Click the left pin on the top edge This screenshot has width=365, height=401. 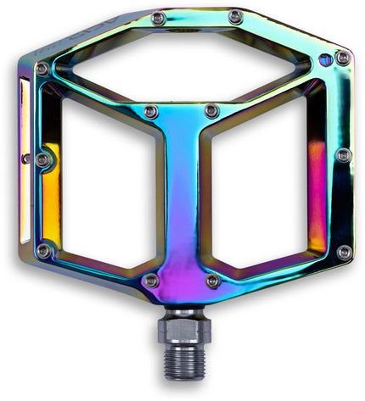tap(158, 18)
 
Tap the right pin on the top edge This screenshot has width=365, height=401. tap(235, 17)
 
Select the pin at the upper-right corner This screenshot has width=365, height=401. tap(342, 58)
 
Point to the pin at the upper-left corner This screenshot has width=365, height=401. tap(42, 69)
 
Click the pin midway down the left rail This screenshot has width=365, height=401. tap(42, 159)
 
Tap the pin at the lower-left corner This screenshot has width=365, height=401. tap(43, 250)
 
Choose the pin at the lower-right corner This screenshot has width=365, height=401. tap(344, 252)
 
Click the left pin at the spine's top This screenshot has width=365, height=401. tap(150, 112)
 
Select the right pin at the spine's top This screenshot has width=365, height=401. tap(212, 111)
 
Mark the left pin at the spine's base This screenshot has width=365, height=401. tap(151, 280)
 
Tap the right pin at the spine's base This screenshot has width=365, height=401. tap(213, 280)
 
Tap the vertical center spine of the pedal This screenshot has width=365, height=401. tap(182, 195)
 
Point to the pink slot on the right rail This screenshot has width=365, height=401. tap(317, 191)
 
